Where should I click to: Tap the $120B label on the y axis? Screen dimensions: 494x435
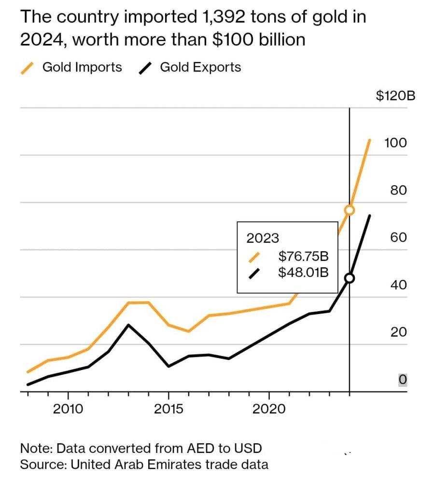click(395, 95)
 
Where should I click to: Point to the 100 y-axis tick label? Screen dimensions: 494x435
click(395, 143)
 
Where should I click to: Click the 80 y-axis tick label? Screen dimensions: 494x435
click(398, 190)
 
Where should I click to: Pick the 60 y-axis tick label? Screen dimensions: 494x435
click(398, 237)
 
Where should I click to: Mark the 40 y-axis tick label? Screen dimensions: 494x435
click(398, 285)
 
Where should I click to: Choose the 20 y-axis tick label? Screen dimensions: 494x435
click(398, 332)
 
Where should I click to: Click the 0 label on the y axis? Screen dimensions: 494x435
click(403, 380)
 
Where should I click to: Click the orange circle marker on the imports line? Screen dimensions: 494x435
click(350, 210)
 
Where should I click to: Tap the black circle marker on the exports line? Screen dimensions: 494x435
click(350, 278)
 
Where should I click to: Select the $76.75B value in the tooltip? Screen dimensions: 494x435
click(303, 256)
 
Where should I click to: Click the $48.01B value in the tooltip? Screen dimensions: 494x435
click(303, 273)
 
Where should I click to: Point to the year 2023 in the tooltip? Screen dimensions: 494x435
click(263, 238)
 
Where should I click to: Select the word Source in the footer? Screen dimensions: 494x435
click(42, 465)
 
